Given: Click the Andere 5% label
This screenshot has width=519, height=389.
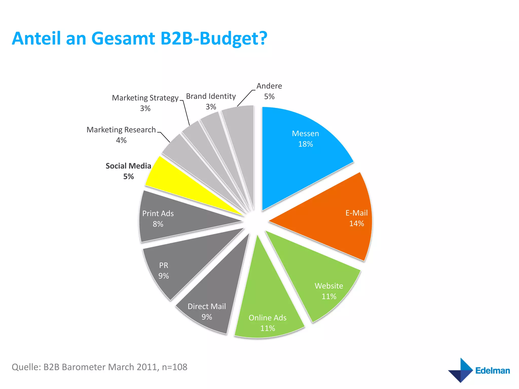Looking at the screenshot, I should coord(269,91).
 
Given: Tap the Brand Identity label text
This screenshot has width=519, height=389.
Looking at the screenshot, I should coord(211,96).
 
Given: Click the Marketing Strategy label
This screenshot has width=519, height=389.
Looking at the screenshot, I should coord(145,98).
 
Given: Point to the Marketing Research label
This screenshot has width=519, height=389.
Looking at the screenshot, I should coord(121,130).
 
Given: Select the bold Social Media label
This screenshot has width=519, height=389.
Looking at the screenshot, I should coord(128,166).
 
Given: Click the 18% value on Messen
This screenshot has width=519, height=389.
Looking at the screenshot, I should coord(305,144).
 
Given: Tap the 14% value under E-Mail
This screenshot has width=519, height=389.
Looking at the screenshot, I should coord(357,224).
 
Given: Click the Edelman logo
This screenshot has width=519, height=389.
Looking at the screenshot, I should coord(479,370).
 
